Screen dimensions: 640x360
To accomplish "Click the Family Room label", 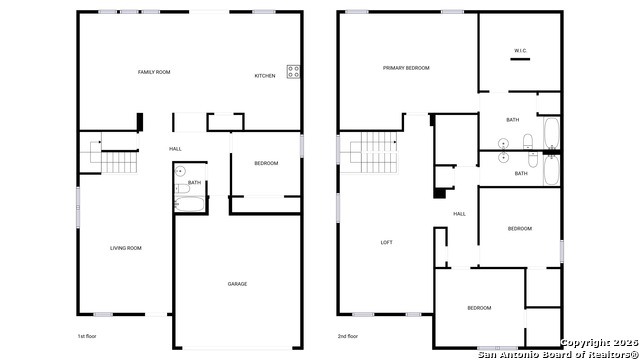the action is coord(154,72).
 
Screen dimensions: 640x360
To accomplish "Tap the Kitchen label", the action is coord(265,76).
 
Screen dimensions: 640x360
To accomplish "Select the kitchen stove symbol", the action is coord(293,72).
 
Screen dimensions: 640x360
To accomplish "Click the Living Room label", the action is coord(126,248).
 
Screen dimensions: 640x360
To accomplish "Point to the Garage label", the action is coord(237,284).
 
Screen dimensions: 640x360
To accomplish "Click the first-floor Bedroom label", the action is coord(266,163).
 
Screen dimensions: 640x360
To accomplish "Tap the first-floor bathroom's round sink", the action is coord(180,171).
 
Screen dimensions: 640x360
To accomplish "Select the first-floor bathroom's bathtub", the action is coord(189,204).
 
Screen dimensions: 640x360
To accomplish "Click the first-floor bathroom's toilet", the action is coord(182,189).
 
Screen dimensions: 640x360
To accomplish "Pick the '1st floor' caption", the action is coord(87,336).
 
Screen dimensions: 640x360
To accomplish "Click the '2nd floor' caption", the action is coord(348,336).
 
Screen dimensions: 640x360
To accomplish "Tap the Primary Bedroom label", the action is coord(406,68).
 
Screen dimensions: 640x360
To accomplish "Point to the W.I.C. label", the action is coord(520,51).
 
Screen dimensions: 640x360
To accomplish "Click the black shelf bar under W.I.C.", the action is coord(520,59).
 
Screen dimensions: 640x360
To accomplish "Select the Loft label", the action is coord(387,242).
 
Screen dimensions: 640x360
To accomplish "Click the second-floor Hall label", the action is coord(459,214).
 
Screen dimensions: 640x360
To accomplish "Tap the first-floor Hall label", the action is coord(175,149).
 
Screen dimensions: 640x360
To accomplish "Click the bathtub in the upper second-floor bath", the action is coord(551,133).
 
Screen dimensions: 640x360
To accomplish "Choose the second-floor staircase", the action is coord(369,152).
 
